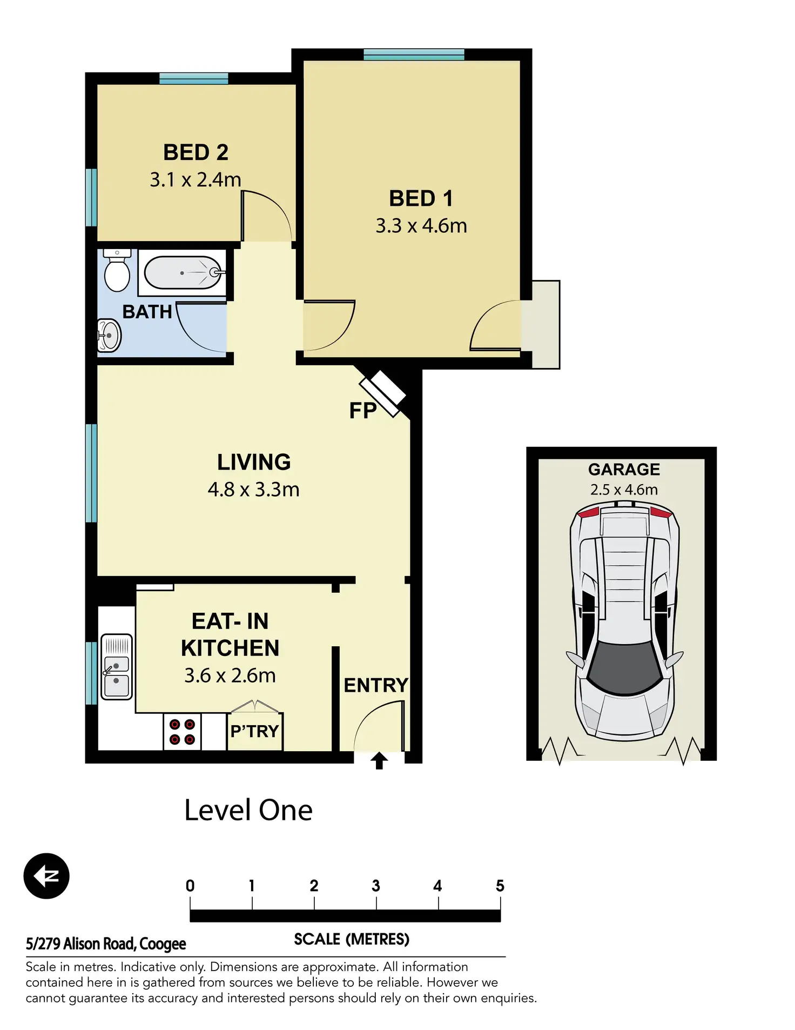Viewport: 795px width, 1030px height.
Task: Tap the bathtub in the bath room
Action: coord(183,273)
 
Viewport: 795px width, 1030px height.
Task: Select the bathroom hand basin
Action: coord(109,336)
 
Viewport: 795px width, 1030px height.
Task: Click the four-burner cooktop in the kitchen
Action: coord(182,732)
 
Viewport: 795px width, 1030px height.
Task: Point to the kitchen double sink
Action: coord(116,667)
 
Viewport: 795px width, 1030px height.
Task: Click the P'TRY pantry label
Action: coord(254,731)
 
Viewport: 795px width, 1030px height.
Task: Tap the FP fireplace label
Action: coord(362,411)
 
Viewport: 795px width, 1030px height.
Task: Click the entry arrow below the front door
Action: coord(379,760)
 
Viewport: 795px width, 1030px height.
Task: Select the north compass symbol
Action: coord(46,876)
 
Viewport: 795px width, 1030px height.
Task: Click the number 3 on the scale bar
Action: coord(376,886)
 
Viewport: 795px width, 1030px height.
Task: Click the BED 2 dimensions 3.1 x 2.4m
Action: coord(196,179)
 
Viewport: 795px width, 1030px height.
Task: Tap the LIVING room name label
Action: coord(254,462)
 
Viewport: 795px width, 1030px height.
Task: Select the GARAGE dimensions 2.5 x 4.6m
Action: coord(624,490)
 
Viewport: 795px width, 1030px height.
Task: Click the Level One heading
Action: coord(248,810)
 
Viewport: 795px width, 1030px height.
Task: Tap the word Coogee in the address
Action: coord(163,944)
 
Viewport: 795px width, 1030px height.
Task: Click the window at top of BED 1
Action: coord(414,54)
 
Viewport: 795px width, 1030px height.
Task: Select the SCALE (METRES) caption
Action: coord(352,939)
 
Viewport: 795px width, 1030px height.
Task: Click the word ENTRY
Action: coord(376,685)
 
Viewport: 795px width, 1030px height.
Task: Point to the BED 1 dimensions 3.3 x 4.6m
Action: coord(421,226)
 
